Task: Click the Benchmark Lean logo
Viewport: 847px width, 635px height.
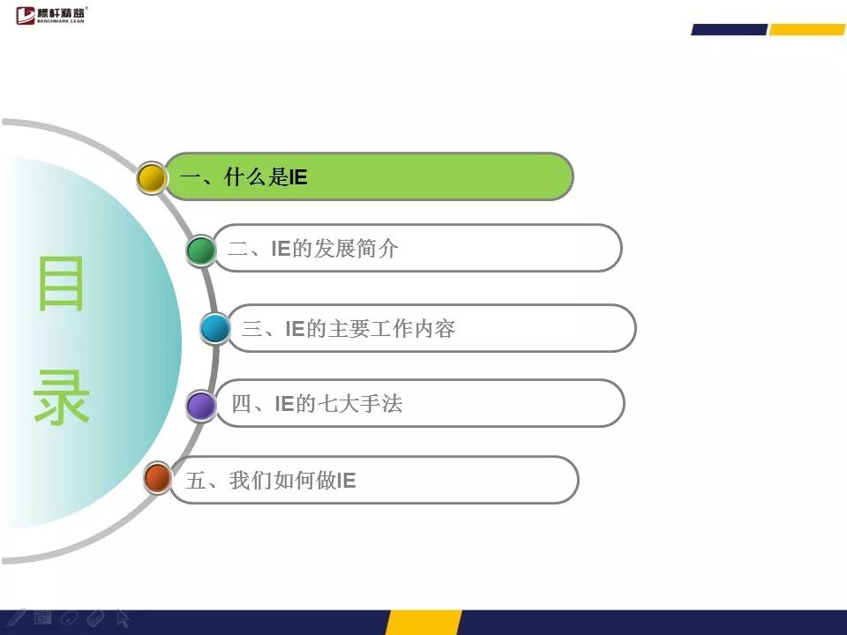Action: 51,15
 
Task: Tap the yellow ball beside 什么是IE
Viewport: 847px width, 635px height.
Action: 151,177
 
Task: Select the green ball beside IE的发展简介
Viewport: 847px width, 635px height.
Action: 201,250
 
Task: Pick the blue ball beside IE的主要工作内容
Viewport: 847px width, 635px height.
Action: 215,328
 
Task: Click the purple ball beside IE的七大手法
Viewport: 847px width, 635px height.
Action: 201,406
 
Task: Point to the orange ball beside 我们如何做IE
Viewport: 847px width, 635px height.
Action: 158,478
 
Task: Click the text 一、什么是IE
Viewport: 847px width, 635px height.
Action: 244,177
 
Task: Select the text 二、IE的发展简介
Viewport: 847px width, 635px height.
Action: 312,249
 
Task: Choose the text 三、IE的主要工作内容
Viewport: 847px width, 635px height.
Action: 349,328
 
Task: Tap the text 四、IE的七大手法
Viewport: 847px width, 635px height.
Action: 317,403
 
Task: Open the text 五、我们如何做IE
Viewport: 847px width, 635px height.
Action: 271,480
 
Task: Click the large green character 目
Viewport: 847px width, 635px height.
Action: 61,283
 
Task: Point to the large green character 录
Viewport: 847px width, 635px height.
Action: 61,397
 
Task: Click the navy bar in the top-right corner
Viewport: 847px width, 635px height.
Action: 730,30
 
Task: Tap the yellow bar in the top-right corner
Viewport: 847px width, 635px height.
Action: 807,30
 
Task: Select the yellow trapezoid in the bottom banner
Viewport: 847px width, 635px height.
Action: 423,623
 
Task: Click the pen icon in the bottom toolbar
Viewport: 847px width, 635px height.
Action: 16,617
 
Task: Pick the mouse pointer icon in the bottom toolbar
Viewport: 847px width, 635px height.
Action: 124,618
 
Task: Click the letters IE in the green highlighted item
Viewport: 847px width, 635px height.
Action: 298,177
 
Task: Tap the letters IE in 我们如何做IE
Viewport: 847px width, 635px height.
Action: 347,481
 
